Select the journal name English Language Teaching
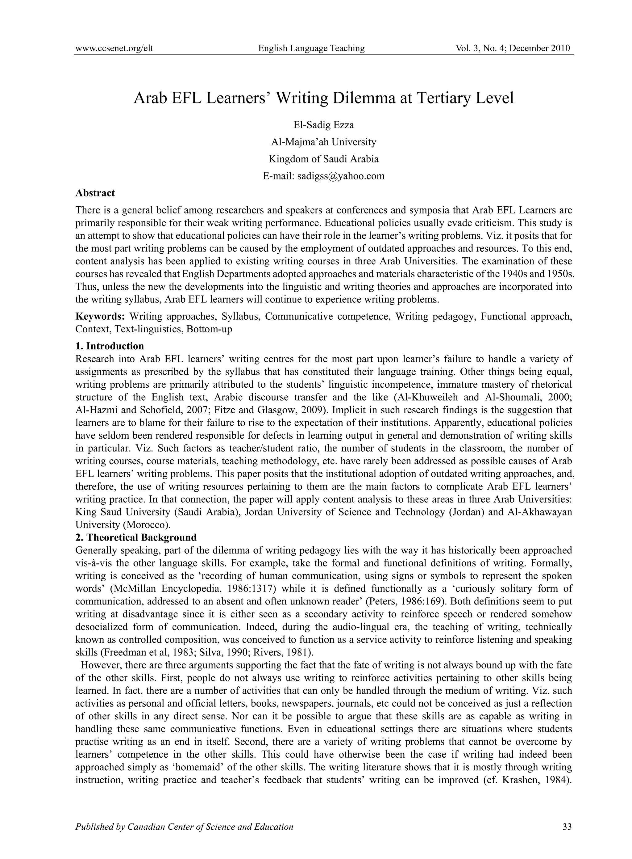pyautogui.click(x=311, y=48)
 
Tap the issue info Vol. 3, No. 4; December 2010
pyautogui.click(x=513, y=48)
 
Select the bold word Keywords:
pyautogui.click(x=100, y=316)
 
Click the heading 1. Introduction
pyautogui.click(x=110, y=346)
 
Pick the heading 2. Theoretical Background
pyautogui.click(x=136, y=537)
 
